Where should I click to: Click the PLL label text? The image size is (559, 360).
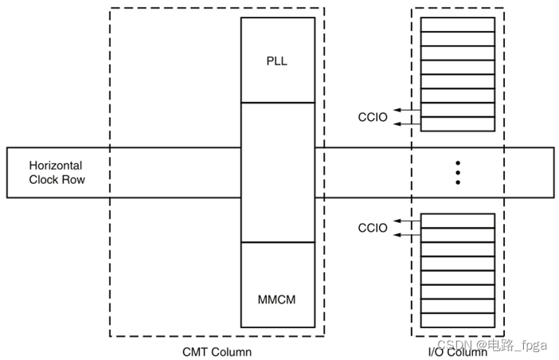(278, 61)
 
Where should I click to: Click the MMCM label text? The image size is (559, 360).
(278, 300)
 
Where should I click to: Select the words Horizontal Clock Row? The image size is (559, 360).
(56, 173)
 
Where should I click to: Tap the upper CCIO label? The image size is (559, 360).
(372, 117)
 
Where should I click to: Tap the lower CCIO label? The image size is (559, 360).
(372, 228)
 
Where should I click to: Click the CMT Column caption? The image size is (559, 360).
(217, 350)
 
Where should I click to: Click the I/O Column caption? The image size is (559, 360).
(457, 351)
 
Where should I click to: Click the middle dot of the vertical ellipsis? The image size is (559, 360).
(458, 173)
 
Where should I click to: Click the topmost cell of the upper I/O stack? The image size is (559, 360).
(457, 25)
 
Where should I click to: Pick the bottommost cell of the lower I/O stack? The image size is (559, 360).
(457, 319)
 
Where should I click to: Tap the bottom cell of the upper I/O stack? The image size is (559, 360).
(457, 123)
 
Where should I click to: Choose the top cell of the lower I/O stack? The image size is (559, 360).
(457, 221)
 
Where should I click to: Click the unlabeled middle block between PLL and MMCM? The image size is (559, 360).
(278, 172)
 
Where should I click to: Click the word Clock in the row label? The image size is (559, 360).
(45, 180)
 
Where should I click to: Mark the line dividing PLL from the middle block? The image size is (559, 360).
(278, 103)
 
